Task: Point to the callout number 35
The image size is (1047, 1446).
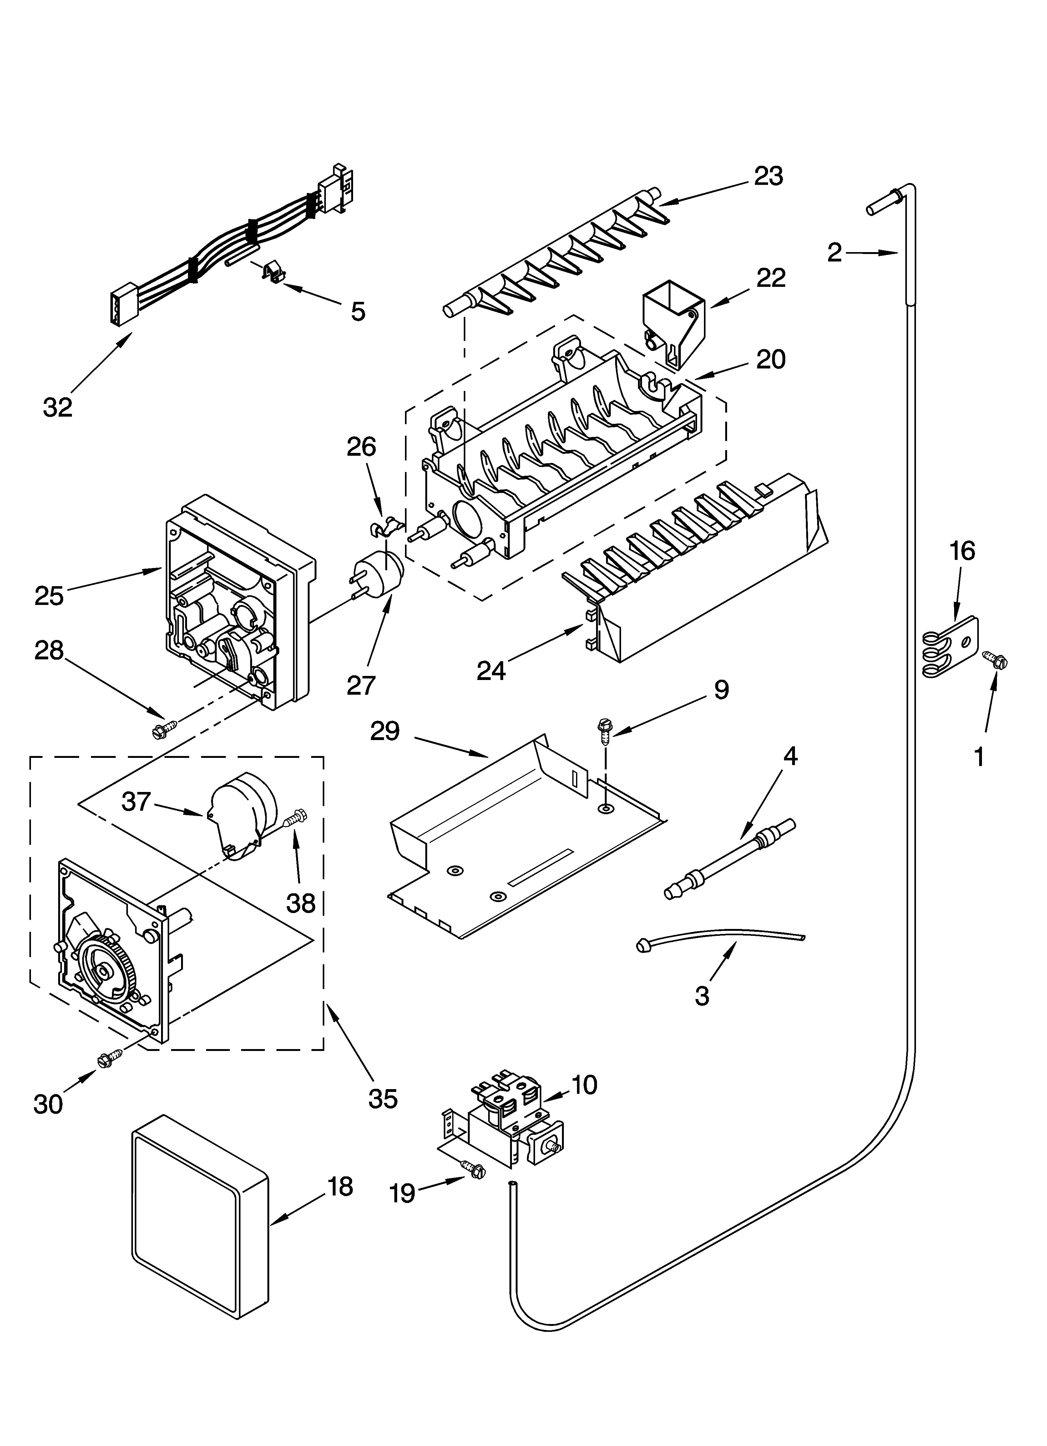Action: pos(382,1098)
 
